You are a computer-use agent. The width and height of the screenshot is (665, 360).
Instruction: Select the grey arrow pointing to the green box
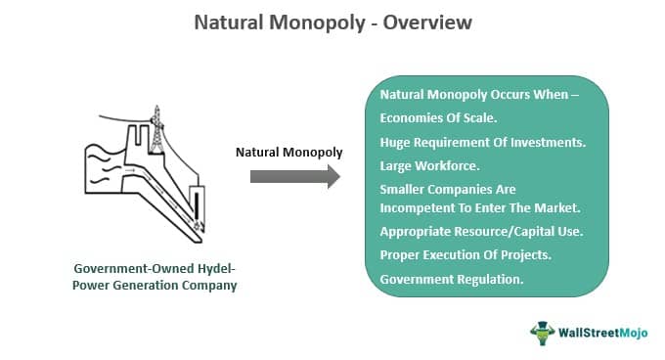[294, 176]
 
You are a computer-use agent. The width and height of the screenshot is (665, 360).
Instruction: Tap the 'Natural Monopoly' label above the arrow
[288, 152]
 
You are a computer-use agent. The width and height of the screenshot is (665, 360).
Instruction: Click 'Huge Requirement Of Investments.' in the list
[482, 142]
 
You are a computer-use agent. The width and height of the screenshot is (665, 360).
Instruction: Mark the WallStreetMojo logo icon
[542, 332]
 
